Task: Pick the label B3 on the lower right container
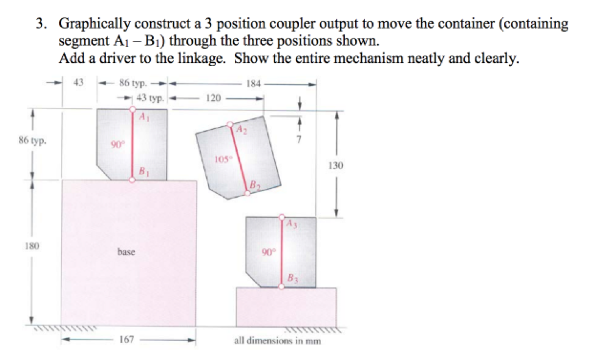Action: pyautogui.click(x=291, y=279)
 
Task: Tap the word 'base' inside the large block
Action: pyautogui.click(x=126, y=251)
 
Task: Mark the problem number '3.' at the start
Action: pyautogui.click(x=41, y=24)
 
